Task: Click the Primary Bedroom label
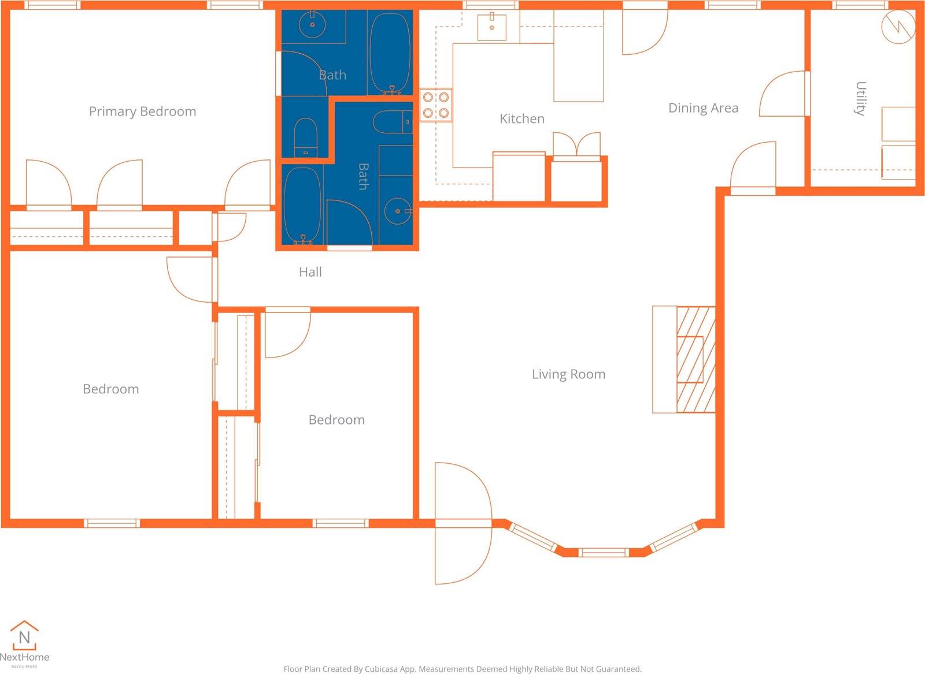coord(142,111)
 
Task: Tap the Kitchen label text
coord(521,119)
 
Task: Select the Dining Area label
coord(703,108)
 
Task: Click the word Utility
coord(860,99)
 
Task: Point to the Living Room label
coord(568,374)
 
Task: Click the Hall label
coord(310,272)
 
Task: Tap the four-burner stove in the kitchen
coord(435,105)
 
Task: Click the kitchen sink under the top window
coord(491,27)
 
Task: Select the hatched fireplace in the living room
coord(695,359)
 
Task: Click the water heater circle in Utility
coord(898,27)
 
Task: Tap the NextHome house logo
coord(24,636)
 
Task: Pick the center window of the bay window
coord(604,552)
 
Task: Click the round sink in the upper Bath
coord(312,24)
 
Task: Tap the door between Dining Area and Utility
coord(783,94)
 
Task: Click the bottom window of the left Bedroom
coord(112,523)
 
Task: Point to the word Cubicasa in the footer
coord(383,669)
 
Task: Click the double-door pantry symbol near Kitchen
coord(576,144)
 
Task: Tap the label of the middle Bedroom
coord(336,420)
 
